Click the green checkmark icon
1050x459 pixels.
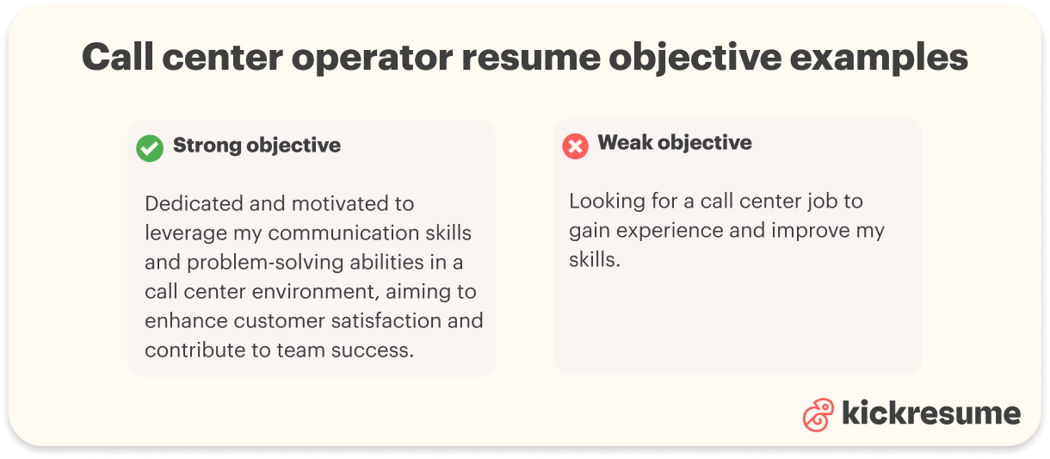(x=150, y=148)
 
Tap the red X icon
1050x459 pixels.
(x=575, y=146)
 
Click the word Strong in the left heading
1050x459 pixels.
(x=207, y=146)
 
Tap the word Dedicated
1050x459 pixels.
(x=190, y=204)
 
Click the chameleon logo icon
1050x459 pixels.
(x=818, y=415)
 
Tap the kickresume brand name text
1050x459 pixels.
(x=930, y=413)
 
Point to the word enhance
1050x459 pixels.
(x=186, y=321)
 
